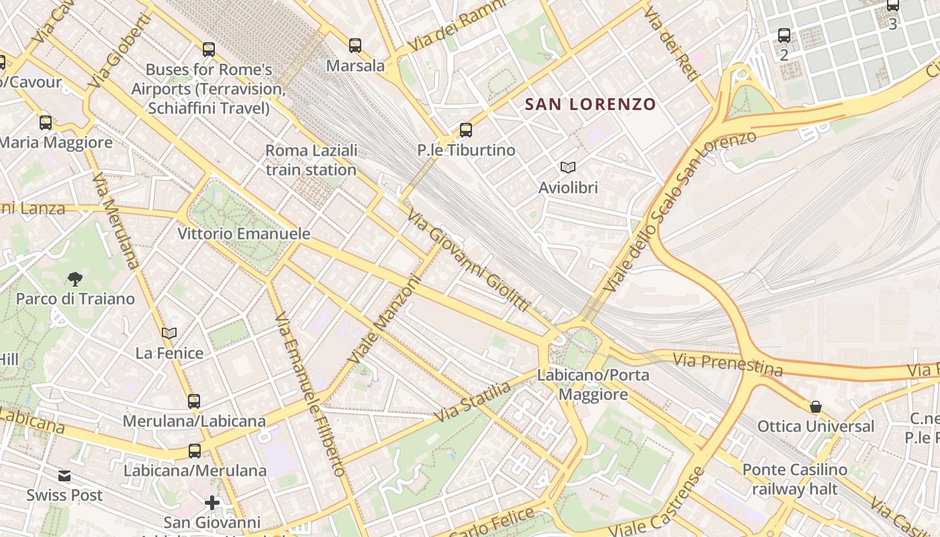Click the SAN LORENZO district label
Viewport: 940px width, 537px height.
click(590, 104)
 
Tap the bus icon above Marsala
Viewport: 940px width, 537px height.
click(355, 46)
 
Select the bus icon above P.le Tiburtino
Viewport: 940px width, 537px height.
click(466, 130)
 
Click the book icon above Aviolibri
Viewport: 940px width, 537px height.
click(568, 167)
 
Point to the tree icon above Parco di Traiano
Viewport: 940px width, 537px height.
click(75, 279)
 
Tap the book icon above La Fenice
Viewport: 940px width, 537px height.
click(169, 333)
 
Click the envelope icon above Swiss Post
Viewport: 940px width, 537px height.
click(64, 476)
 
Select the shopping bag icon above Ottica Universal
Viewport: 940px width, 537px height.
click(816, 407)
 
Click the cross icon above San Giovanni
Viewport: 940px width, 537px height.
click(212, 502)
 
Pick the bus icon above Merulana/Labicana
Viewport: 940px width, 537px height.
click(194, 401)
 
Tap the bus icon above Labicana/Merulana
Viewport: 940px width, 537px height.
click(195, 451)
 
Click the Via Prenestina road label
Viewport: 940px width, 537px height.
click(728, 364)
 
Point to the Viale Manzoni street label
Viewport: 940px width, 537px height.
click(383, 321)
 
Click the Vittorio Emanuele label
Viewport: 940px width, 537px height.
click(244, 234)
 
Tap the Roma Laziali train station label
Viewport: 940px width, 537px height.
click(311, 160)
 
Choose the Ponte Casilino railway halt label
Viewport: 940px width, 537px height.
click(795, 479)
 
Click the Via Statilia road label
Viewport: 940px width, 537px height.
click(473, 401)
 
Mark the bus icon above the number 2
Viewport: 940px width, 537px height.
click(784, 36)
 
